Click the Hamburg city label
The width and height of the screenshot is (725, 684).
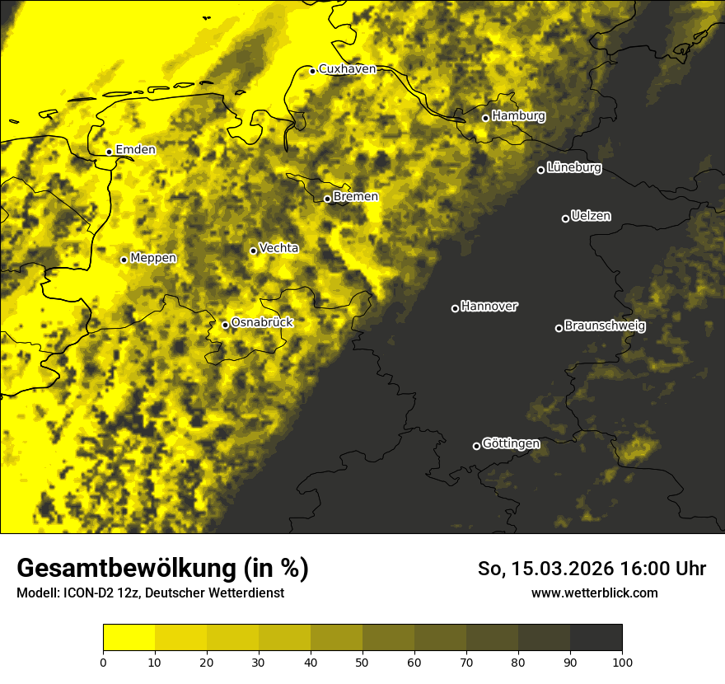coord(518,116)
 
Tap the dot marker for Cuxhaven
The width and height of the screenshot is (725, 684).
coord(312,71)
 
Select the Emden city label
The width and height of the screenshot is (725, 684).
coord(135,149)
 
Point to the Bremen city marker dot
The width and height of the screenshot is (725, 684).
coord(327,199)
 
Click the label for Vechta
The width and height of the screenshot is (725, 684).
coord(278,247)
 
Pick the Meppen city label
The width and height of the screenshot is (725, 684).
coord(153,258)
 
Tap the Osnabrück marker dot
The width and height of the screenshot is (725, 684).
coord(225,325)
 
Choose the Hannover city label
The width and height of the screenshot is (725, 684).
coord(489,306)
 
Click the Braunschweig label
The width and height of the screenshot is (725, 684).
coord(605,326)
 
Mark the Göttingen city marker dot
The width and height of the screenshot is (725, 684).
coord(476,446)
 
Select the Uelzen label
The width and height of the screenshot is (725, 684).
coord(591,216)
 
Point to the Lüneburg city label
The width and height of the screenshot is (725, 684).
coord(573,167)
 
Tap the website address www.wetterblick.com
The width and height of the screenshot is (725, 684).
coord(594,593)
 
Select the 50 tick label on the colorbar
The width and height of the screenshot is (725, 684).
coord(362,661)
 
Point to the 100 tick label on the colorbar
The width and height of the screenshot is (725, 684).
coord(622,661)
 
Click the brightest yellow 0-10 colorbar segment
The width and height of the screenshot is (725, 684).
coord(129,637)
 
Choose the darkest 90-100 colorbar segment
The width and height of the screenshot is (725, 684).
coord(596,637)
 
